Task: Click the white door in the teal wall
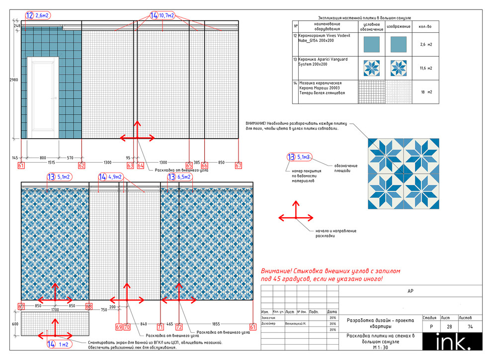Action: point(43,97)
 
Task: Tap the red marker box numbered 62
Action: point(82,165)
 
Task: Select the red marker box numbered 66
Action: point(205,165)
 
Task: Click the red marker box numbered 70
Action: point(127,327)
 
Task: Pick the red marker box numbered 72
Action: point(179,327)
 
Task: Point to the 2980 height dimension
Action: point(14,79)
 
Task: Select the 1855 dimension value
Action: point(216,324)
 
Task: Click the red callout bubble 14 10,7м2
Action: point(162,16)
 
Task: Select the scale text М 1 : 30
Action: point(381,348)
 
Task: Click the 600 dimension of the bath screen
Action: point(14,324)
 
